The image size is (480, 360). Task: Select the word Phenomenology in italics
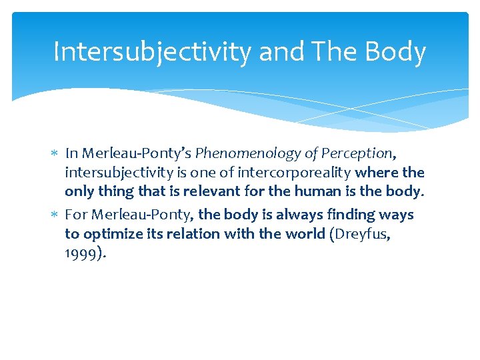click(x=249, y=153)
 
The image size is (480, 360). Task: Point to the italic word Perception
click(x=357, y=153)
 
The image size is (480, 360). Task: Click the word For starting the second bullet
click(x=75, y=215)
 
